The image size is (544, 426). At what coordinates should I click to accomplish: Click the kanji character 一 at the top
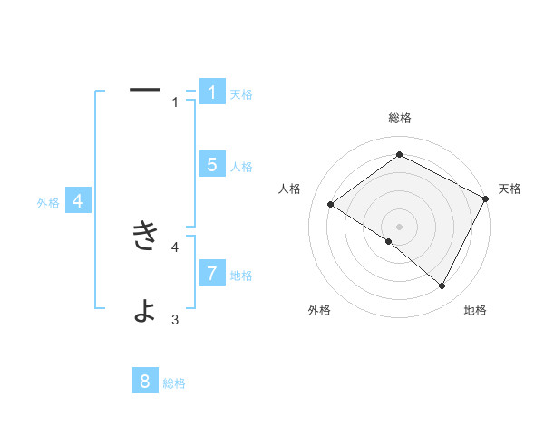coord(145,90)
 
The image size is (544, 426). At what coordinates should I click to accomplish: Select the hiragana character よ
coord(145,310)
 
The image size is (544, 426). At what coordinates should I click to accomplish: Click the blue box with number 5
coord(212,165)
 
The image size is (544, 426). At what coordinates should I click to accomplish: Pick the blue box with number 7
coord(212,274)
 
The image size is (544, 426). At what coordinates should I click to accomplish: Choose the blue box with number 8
coord(145,382)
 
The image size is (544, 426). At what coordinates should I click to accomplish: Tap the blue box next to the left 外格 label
coord(78,201)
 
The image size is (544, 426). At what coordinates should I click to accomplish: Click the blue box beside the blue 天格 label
coord(212,92)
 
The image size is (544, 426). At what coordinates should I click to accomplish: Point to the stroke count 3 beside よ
coord(175,319)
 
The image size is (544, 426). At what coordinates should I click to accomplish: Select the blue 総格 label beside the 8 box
coord(174,383)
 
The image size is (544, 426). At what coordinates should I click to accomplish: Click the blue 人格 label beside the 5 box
coord(241,167)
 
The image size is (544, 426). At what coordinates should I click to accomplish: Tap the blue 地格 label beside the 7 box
coord(241,276)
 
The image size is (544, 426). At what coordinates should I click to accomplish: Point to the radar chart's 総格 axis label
coord(399,118)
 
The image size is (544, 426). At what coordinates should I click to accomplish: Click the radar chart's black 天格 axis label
coord(510,189)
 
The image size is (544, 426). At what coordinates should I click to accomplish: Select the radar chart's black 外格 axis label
coord(319,310)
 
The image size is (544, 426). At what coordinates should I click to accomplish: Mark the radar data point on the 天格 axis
coord(486,199)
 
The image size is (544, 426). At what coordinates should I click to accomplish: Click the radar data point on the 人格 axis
coord(331,205)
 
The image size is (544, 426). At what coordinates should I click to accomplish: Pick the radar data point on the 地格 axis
coord(442,286)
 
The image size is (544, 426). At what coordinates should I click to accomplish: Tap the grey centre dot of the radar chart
coord(399,226)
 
